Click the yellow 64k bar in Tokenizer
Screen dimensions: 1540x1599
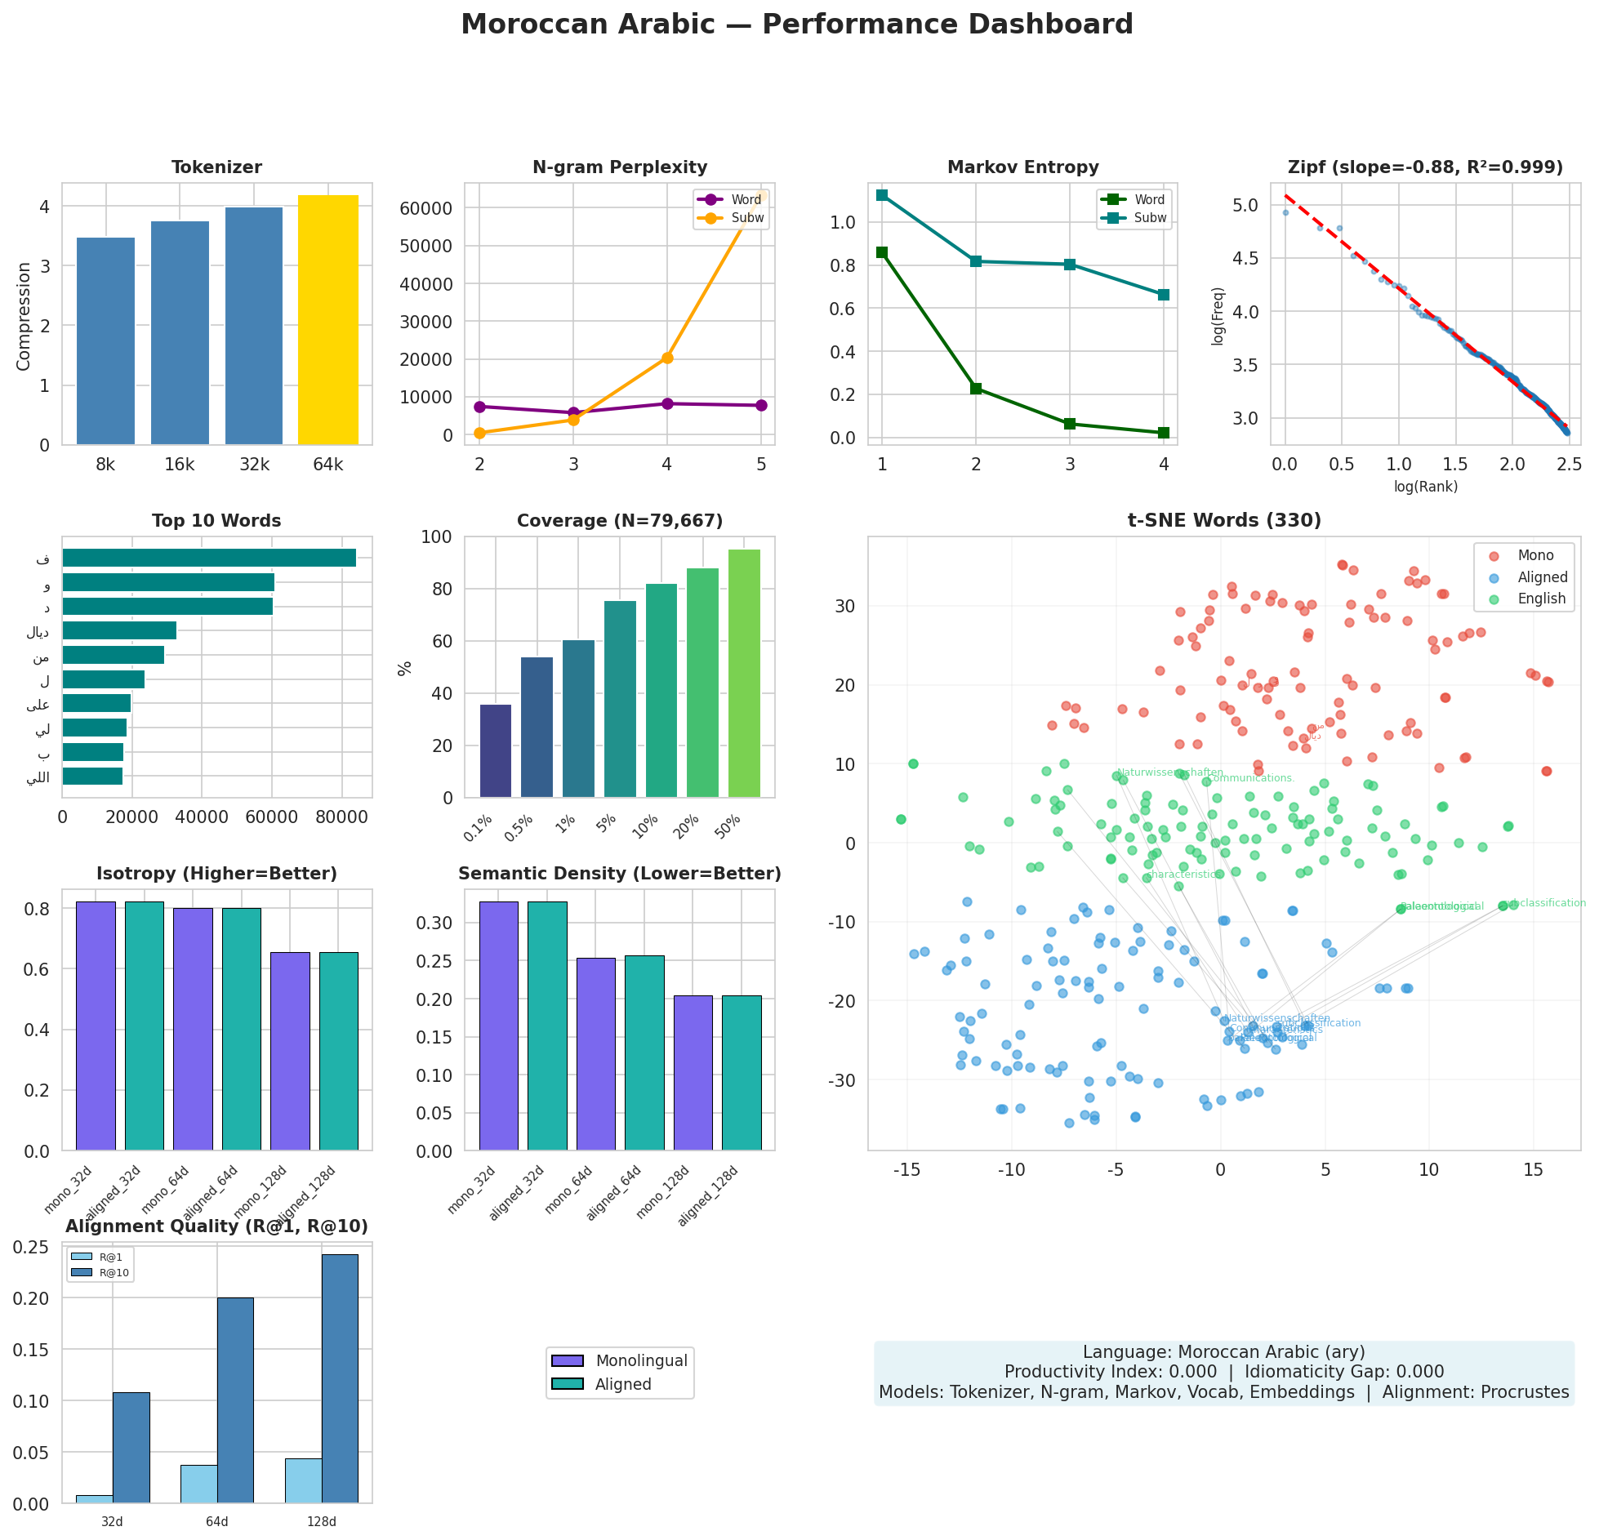pos(327,320)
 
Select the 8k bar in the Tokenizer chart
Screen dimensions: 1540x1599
pos(105,341)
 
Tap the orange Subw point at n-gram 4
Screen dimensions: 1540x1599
pos(667,358)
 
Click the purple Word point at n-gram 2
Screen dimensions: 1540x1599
pos(479,407)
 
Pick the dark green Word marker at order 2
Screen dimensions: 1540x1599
pos(976,389)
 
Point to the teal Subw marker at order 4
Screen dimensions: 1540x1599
pos(1164,295)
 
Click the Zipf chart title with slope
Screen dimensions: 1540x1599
pos(1425,167)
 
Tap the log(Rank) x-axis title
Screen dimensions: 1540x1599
pos(1425,487)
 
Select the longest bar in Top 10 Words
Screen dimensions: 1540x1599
pos(209,558)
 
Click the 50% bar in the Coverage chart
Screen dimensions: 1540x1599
pos(744,674)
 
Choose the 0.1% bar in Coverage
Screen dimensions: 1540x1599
pos(496,751)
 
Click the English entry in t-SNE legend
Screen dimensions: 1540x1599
pos(1541,599)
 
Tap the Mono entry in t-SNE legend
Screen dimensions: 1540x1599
pos(1535,555)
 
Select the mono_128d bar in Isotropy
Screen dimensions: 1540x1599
pos(290,1051)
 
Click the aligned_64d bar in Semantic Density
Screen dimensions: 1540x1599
pos(644,1053)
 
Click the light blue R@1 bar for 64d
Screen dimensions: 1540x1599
pos(199,1484)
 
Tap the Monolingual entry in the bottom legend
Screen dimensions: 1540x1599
pos(641,1360)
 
